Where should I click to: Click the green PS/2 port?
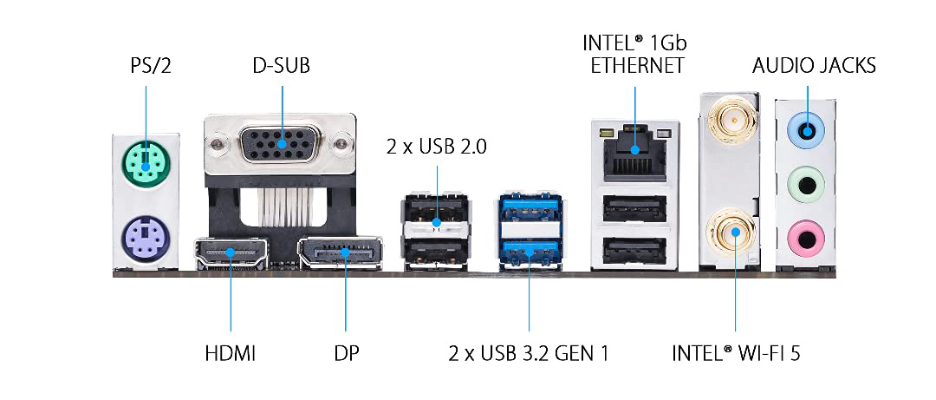[146, 162]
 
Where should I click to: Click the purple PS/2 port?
[145, 233]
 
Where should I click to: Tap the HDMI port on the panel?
[231, 252]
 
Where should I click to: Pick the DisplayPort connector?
[340, 252]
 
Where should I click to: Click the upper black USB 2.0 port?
[437, 213]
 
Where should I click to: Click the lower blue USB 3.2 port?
[529, 252]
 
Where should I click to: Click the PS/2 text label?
[146, 65]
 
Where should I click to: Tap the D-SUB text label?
[282, 65]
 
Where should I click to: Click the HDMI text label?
[231, 354]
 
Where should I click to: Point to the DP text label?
[346, 354]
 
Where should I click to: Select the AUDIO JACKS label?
[814, 65]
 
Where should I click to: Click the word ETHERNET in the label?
[637, 66]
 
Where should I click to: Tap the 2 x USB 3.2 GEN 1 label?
[529, 354]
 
